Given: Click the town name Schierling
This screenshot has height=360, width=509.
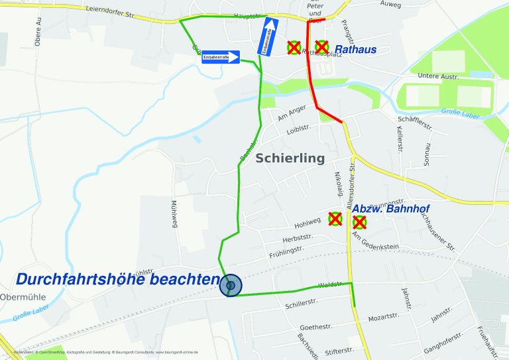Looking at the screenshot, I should point(290,158).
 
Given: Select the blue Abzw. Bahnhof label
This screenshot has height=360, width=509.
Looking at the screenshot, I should point(390,209).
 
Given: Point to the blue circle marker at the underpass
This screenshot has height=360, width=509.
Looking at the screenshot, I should point(231,286).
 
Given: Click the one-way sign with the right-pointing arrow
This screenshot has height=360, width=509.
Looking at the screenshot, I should point(220,57).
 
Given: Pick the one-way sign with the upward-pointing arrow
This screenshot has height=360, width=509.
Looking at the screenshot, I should point(268,36).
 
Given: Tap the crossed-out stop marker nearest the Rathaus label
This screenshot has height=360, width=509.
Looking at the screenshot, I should point(321,47).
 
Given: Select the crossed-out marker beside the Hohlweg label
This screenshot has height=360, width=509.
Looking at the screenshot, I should point(335,218).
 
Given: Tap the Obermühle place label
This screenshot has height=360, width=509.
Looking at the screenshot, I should point(23,296).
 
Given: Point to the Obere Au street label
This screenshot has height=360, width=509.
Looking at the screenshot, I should point(39,32).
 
